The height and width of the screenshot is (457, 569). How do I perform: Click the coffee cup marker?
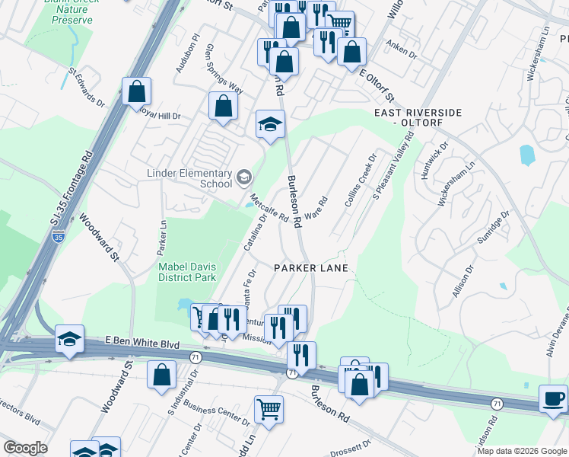coord(553,398)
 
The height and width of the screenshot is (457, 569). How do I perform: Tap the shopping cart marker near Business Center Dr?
coord(269,409)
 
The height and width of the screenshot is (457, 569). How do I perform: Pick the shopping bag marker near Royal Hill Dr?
coord(223,107)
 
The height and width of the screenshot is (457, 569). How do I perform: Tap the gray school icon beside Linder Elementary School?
coord(243,178)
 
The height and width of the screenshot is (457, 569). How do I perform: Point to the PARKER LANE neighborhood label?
coord(311,268)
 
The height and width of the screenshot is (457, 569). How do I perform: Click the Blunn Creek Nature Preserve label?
coord(72,12)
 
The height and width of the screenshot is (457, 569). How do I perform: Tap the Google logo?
coord(24,448)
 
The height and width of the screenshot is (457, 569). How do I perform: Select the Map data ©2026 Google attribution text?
coord(522,451)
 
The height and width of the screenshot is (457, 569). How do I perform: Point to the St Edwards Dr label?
coord(86,88)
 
